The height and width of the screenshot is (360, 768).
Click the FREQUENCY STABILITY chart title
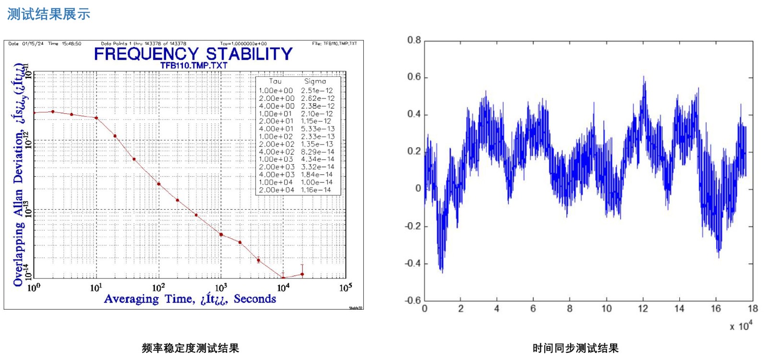pos(193,54)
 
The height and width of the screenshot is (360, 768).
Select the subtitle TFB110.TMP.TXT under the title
pos(193,66)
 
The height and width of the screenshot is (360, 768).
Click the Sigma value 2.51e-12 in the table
pos(317,91)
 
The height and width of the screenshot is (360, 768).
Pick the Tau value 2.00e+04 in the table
pos(276,190)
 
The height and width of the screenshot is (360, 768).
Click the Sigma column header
pos(315,82)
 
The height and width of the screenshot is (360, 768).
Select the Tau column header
pos(276,82)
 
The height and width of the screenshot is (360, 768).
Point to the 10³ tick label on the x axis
pos(221,288)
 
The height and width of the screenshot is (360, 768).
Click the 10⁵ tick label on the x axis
pos(346,288)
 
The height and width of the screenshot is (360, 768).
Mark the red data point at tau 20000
pos(302,275)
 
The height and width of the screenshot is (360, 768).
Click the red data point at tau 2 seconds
pos(53,112)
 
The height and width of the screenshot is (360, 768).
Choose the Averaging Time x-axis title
pos(190,299)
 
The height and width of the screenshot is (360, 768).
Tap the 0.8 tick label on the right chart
pos(414,40)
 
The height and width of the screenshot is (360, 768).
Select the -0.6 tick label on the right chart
pos(412,301)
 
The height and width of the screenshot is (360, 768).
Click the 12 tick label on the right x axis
pos(643,309)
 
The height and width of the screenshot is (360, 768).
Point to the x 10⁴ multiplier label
pos(741,326)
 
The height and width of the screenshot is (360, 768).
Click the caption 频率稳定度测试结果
pos(191,348)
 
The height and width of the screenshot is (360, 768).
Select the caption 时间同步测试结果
pos(576,348)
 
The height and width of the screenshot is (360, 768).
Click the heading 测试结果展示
pos(48,14)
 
